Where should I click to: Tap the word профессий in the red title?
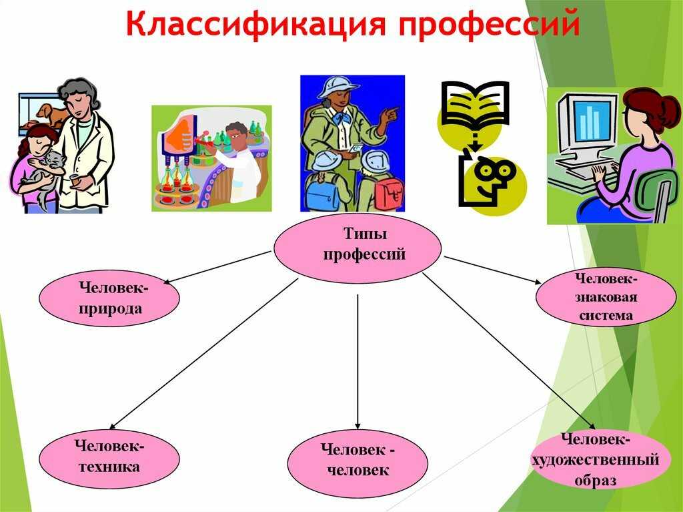[488, 25]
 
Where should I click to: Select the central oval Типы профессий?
[358, 248]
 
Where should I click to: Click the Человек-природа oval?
[109, 298]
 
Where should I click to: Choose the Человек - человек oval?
[358, 463]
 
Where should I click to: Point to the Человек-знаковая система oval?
[606, 296]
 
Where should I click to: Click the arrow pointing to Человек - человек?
[358, 362]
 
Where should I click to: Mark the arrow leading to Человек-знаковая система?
[496, 271]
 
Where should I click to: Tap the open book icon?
[475, 103]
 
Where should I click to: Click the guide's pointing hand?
[390, 115]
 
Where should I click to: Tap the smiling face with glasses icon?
[492, 180]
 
